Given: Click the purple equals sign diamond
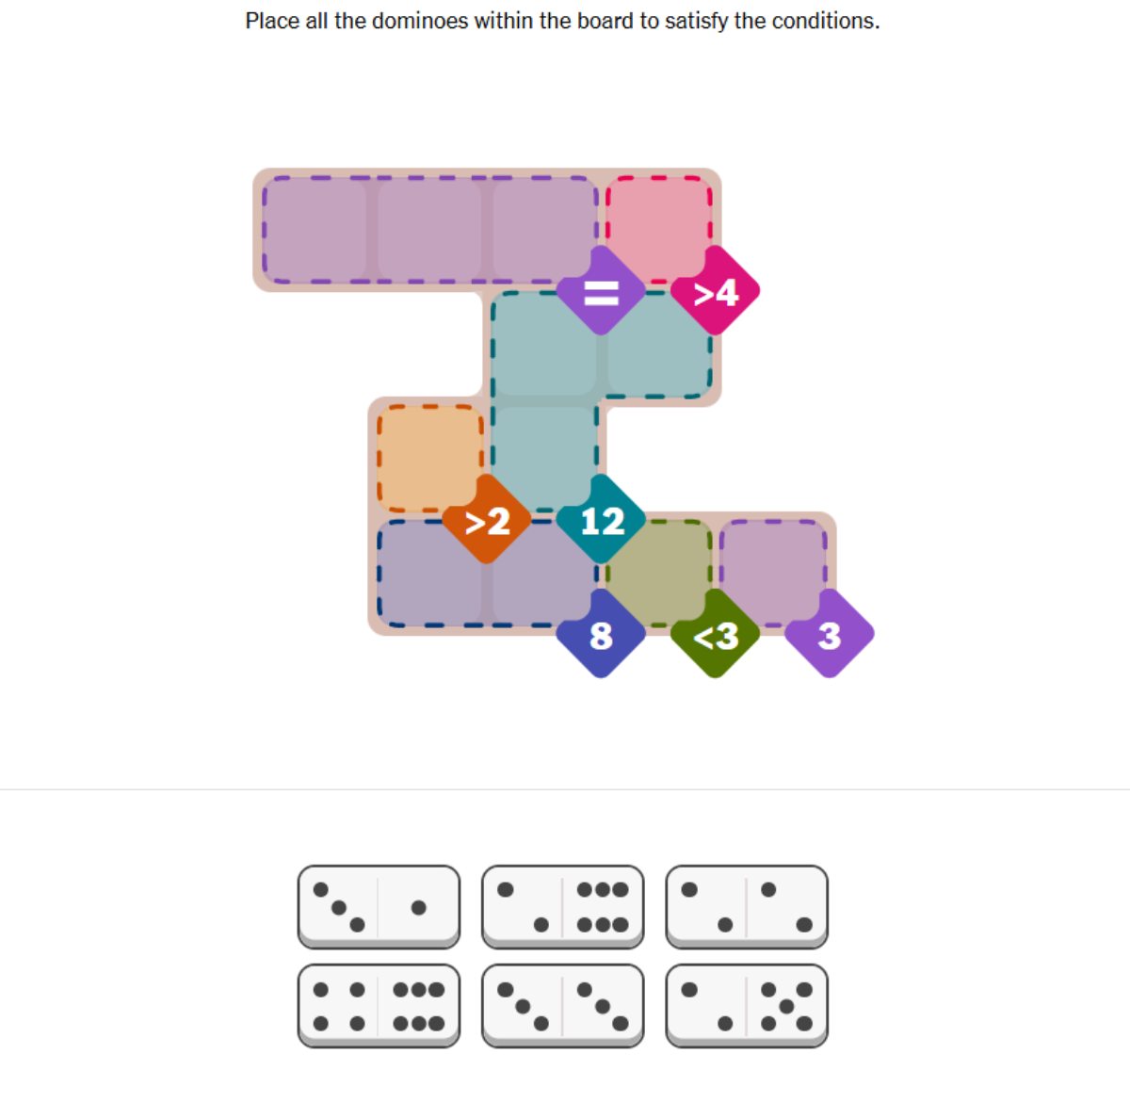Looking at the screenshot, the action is click(601, 290).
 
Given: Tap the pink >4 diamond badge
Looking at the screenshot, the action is click(715, 290).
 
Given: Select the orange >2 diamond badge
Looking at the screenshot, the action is click(486, 519).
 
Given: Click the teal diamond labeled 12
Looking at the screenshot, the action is click(601, 519).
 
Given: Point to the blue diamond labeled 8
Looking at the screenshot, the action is click(601, 634).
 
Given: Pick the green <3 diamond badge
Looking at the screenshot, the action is click(715, 634).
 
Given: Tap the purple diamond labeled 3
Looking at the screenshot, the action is click(830, 634).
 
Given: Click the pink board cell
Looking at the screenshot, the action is click(658, 229).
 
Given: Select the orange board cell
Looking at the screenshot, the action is click(430, 458).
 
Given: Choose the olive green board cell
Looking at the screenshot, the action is click(658, 572).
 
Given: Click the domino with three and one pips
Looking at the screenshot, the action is click(379, 906).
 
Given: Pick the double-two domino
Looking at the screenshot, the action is click(747, 906).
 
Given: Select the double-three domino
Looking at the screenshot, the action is click(562, 1006).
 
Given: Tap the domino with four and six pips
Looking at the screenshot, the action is click(379, 1006).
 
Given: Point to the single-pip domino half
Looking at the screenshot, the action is click(419, 906).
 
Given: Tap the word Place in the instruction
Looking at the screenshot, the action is click(271, 21).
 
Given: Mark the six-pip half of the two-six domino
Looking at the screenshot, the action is click(603, 906).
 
